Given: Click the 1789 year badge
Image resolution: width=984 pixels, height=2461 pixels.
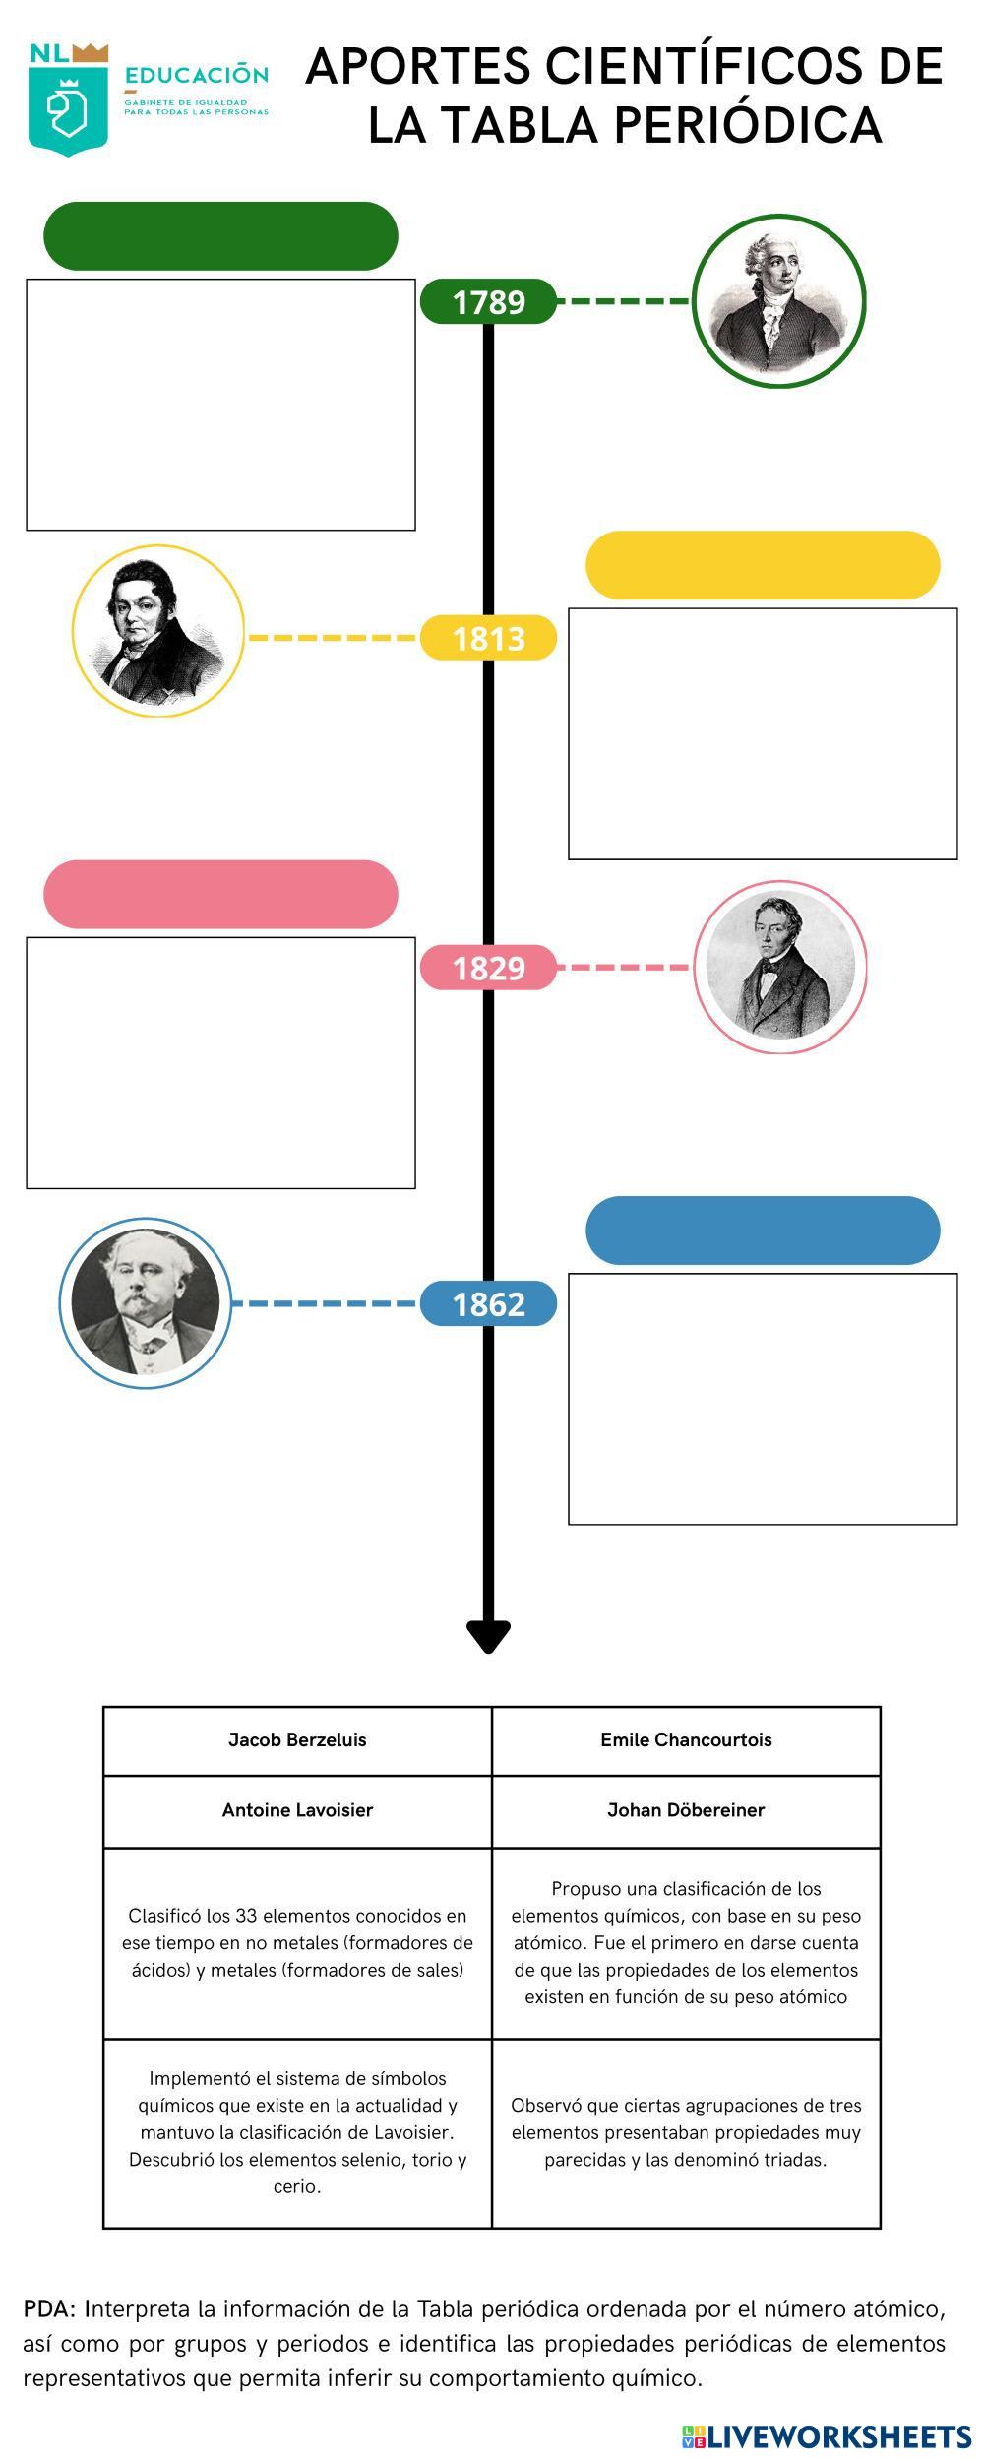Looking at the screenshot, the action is click(x=488, y=301).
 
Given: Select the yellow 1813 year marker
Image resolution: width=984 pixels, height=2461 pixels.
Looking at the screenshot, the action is click(x=488, y=638).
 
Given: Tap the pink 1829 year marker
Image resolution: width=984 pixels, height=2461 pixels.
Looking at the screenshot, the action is click(x=488, y=968).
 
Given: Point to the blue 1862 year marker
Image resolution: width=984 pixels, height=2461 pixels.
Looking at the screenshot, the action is click(x=488, y=1304).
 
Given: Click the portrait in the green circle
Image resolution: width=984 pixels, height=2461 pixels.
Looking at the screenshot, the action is click(x=778, y=301).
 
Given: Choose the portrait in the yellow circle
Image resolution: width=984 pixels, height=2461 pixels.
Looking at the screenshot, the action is click(x=158, y=631).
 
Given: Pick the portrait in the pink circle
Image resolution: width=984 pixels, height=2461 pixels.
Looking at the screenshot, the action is click(x=780, y=967).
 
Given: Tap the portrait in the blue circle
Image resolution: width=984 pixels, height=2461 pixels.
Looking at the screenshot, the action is click(x=146, y=1303).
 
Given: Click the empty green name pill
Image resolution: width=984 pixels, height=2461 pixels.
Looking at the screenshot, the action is click(x=220, y=236).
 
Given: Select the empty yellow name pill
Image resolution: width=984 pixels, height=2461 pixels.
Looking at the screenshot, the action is click(x=763, y=565).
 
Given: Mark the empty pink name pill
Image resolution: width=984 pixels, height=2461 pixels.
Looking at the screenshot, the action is click(x=220, y=895).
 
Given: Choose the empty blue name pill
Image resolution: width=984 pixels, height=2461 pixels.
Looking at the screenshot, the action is click(x=763, y=1230).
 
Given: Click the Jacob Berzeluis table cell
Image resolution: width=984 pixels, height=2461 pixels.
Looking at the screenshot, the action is click(x=297, y=1740).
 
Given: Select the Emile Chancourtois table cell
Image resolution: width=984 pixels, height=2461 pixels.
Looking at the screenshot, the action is click(x=686, y=1740).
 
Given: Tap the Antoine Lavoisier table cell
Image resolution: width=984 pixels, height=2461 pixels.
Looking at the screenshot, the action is click(x=297, y=1810).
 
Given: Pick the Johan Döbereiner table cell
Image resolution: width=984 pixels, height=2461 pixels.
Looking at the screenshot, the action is click(x=686, y=1810).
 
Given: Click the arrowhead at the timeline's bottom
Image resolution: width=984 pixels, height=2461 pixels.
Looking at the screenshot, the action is click(x=488, y=1636).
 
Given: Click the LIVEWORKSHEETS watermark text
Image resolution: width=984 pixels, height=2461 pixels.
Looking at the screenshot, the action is click(x=838, y=2436).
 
